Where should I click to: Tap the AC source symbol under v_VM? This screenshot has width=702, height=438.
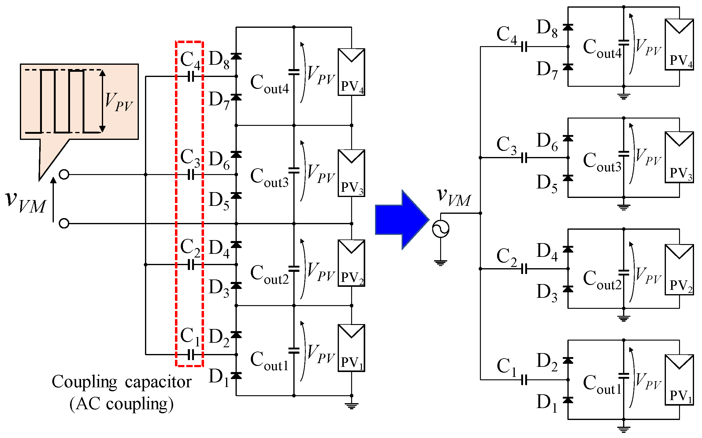440,229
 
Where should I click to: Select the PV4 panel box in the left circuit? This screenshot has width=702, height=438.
351,72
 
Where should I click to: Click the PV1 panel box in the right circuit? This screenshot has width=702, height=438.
679,380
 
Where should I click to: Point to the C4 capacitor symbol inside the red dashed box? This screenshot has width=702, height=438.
191,76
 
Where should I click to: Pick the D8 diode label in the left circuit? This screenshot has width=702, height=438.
219,60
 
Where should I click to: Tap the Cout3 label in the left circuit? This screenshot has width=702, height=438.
269,178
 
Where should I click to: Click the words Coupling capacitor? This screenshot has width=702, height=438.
121,382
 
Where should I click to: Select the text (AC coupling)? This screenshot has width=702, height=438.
121,404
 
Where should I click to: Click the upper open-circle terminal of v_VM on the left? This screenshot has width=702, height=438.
64,174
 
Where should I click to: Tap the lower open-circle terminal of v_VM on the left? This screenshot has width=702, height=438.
64,223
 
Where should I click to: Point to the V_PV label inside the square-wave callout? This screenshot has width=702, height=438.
119,102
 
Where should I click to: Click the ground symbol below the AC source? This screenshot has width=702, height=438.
440,263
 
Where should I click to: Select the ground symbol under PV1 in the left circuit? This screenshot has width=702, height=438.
351,406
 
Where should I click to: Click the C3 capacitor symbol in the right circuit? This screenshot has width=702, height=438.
524,158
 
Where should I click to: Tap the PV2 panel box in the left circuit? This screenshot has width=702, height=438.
351,263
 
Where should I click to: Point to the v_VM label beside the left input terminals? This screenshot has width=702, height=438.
26,202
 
